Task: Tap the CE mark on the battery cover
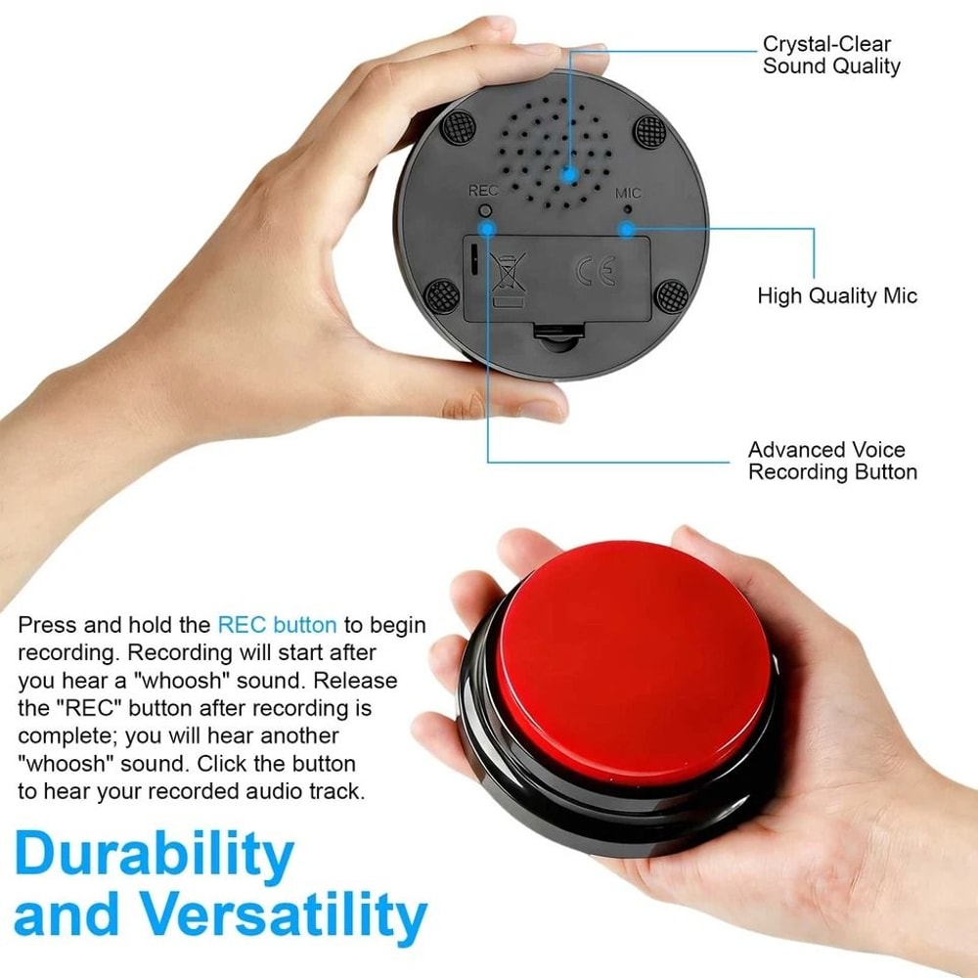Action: pos(596,272)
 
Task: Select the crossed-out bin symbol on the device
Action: pos(509,274)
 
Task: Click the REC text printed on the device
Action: pos(483,191)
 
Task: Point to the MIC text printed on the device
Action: pos(627,192)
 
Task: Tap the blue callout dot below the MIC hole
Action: pos(626,229)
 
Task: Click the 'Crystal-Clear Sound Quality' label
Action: pos(830,56)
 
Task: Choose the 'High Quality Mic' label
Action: pos(837,295)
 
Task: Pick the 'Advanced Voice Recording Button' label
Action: pos(831,461)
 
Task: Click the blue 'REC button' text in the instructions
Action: pos(277,625)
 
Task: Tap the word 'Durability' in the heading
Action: pos(154,853)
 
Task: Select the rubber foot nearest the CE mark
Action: pos(670,293)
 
